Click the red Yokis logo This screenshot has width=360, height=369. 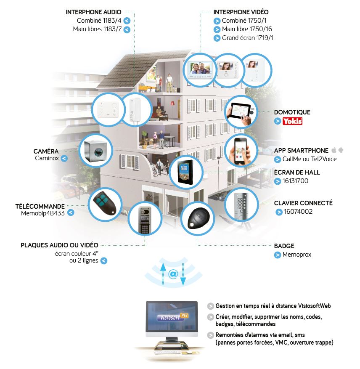[x=292, y=121]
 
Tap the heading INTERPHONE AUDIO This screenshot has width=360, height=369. [x=93, y=12]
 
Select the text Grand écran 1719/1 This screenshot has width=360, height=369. [x=248, y=37]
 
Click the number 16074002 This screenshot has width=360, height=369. [x=298, y=212]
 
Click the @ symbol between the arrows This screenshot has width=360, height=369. [x=173, y=274]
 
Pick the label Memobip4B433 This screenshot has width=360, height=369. [x=43, y=213]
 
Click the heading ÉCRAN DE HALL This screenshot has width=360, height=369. [x=297, y=172]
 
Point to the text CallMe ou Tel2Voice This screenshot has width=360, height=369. [x=310, y=159]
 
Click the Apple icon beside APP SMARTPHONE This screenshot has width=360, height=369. [x=334, y=150]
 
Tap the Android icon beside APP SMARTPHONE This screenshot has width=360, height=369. [x=341, y=150]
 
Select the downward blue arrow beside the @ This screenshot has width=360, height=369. [x=183, y=274]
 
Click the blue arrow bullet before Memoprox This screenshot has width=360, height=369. [x=278, y=255]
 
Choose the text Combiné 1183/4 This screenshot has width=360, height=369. [x=99, y=21]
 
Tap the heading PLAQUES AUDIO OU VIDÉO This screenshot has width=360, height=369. [x=59, y=245]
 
